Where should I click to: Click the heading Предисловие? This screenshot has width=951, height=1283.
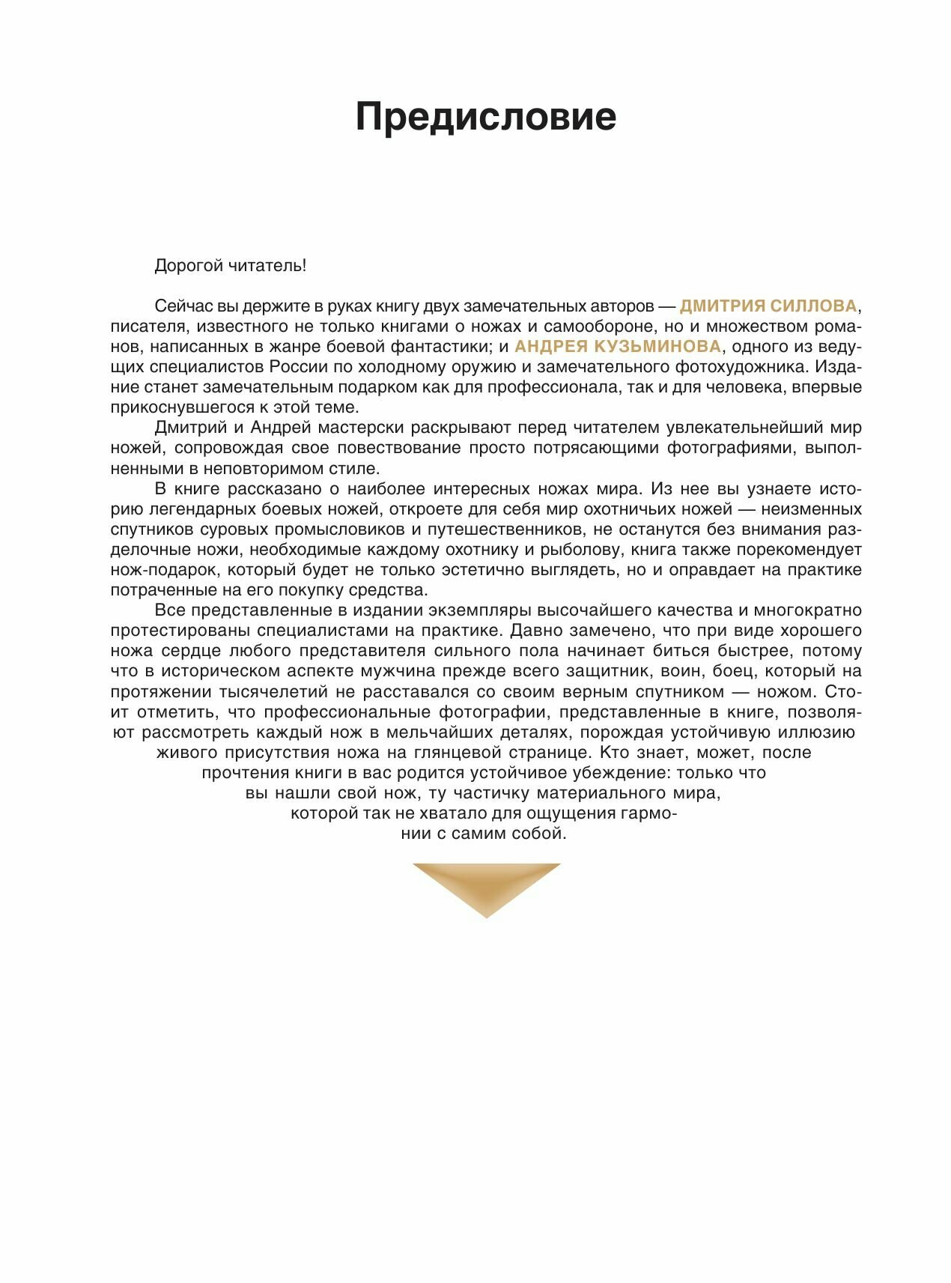(x=485, y=117)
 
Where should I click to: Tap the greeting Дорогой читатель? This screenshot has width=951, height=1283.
(x=230, y=266)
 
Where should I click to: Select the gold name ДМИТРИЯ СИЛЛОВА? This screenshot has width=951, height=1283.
(x=768, y=306)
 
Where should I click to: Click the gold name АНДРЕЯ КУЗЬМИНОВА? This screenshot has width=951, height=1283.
(x=618, y=347)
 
